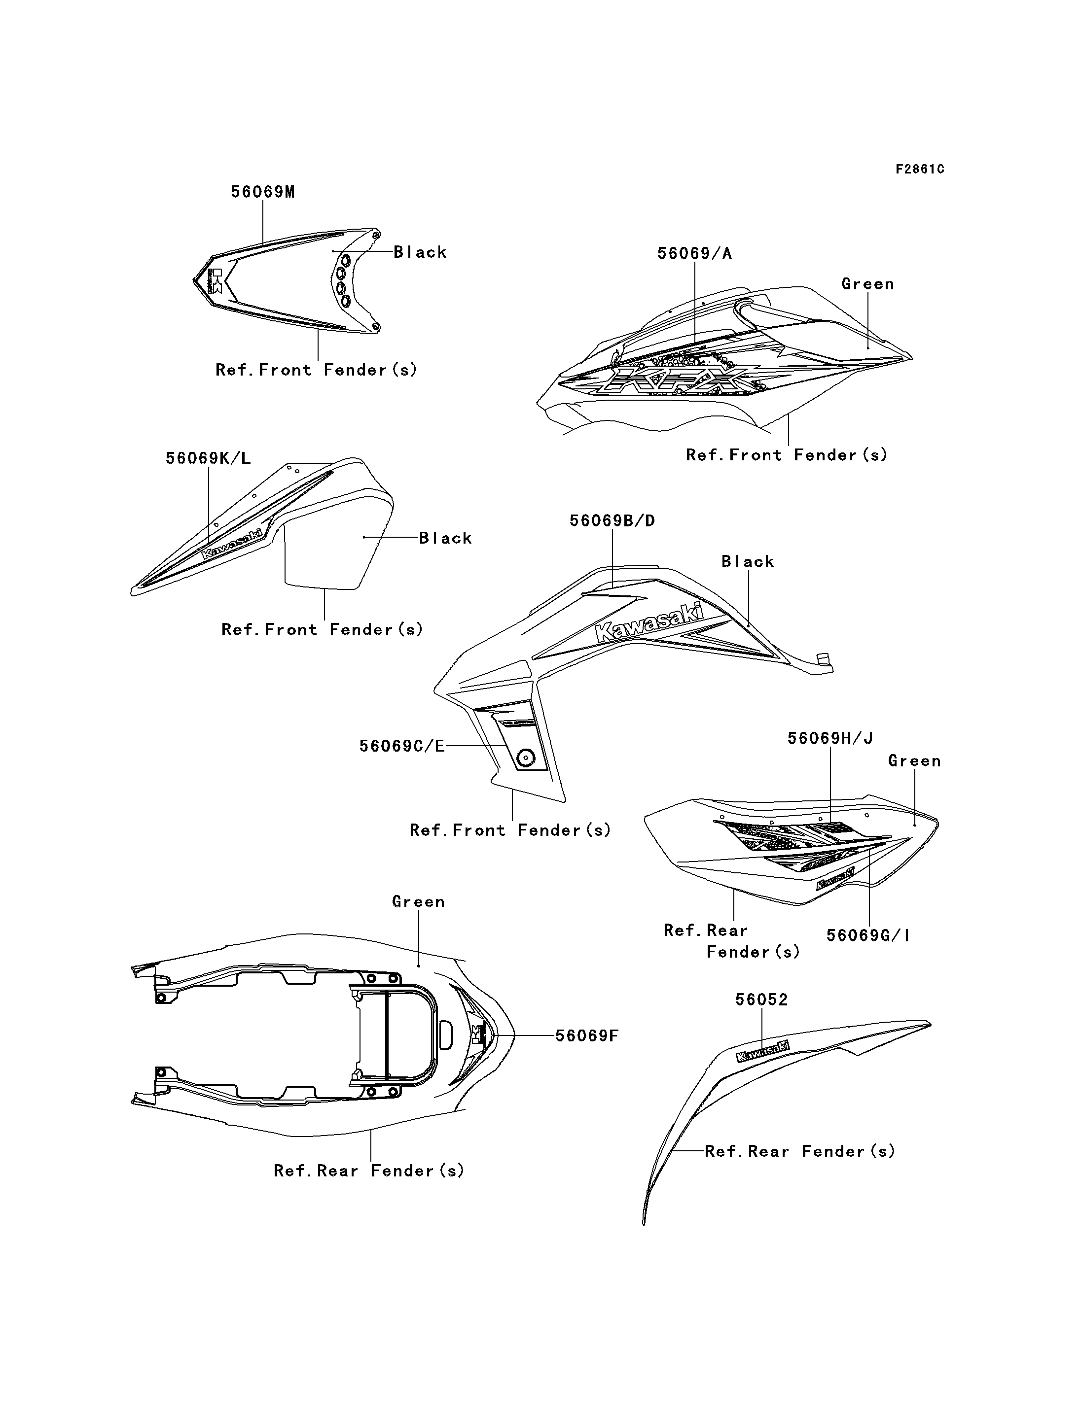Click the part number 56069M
click(262, 192)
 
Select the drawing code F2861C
click(920, 169)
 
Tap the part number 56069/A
click(694, 253)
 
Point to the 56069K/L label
click(208, 458)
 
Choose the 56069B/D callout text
click(612, 521)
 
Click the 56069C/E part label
click(401, 746)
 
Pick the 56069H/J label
click(830, 738)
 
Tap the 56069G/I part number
click(868, 935)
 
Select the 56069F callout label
click(586, 1035)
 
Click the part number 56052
click(761, 999)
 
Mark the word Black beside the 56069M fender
click(420, 252)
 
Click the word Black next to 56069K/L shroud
click(445, 538)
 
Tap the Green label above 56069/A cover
click(867, 284)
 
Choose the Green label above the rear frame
click(418, 902)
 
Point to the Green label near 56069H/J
click(914, 761)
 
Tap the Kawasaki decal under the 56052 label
click(762, 1052)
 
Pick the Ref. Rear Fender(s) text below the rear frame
click(369, 1171)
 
